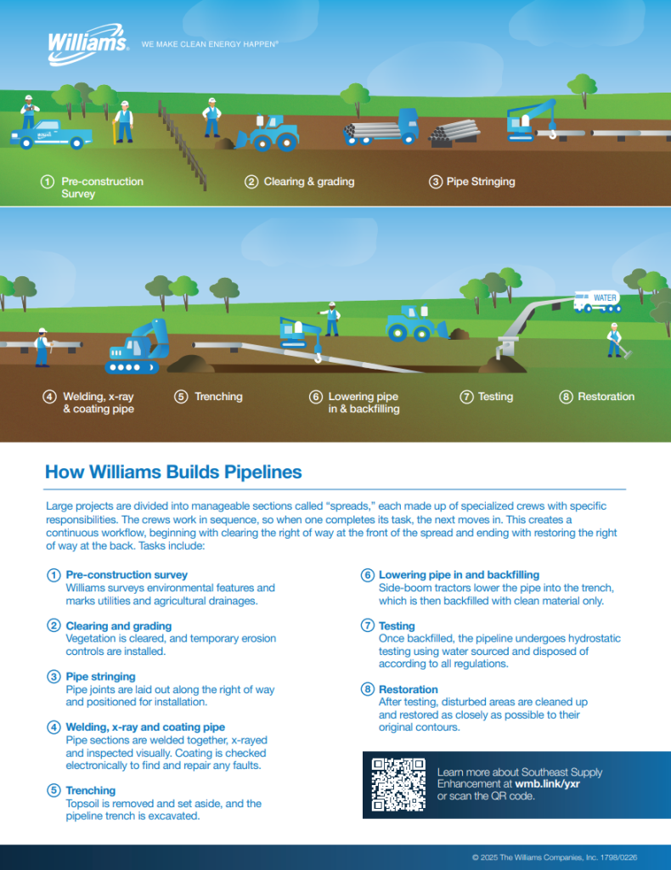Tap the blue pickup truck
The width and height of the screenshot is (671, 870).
[52, 134]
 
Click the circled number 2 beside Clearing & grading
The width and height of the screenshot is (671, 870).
[251, 182]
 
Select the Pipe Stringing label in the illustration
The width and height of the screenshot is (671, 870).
[481, 182]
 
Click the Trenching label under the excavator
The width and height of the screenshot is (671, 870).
[218, 397]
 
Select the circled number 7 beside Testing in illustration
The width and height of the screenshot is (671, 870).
[466, 397]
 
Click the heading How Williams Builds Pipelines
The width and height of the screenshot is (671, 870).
[173, 472]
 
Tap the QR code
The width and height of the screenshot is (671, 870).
[398, 784]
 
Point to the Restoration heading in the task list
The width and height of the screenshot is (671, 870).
[409, 689]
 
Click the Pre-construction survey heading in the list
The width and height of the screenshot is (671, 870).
[127, 575]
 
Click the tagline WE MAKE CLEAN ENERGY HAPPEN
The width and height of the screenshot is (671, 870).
[209, 43]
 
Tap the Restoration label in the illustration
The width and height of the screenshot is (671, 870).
[606, 397]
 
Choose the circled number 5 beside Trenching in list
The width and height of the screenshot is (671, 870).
[54, 791]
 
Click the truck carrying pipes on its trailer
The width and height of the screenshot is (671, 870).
[381, 129]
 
